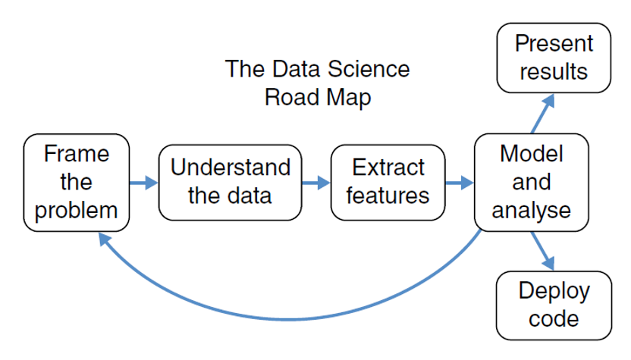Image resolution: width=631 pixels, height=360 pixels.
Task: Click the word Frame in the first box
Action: point(77,154)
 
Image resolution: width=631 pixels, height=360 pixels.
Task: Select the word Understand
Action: point(231,167)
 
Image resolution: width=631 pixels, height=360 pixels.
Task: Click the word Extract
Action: point(388,167)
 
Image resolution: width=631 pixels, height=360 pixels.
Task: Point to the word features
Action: point(388,196)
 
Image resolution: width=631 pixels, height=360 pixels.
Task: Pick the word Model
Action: point(531,154)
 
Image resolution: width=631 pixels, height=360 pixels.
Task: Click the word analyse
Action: point(531,211)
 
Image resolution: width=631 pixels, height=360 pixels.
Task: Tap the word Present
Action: point(554,43)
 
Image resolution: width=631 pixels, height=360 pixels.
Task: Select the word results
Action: point(554,71)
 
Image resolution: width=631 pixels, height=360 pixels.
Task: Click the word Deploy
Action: point(554,291)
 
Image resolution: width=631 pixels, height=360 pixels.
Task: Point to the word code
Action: point(554,318)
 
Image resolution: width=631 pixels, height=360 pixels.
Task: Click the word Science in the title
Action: point(369,69)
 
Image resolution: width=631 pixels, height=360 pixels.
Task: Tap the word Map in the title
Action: point(349,98)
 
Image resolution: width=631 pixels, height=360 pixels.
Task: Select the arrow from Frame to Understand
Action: point(143,183)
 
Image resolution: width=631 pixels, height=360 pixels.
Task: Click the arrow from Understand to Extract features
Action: point(316,183)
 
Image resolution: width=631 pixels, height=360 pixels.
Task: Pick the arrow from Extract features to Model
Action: point(460,183)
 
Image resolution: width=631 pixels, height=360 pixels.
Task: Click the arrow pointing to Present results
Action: point(543,114)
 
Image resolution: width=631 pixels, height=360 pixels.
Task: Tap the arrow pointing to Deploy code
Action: point(543,251)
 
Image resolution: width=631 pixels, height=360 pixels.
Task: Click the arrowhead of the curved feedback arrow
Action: point(104,239)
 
